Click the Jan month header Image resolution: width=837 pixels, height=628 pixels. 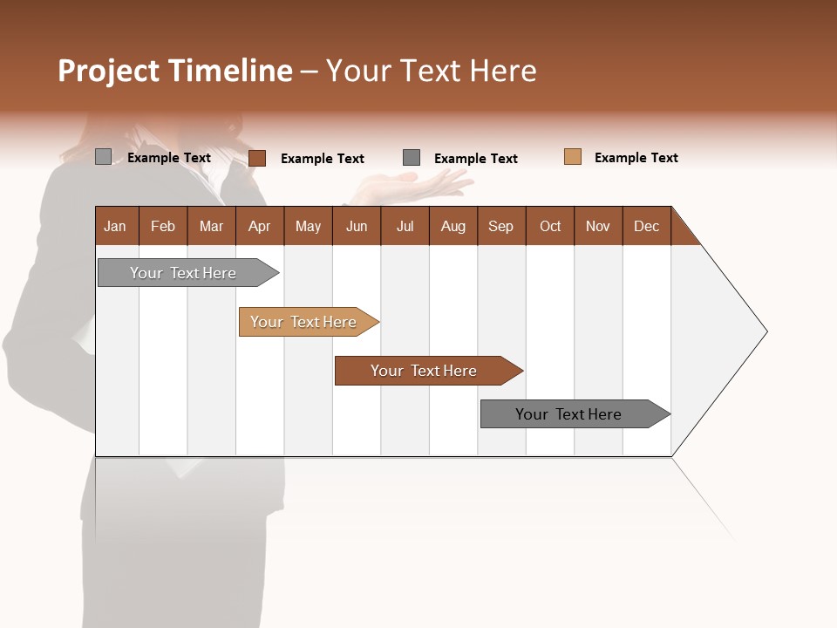tap(116, 226)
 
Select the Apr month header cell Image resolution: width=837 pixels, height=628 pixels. tap(259, 226)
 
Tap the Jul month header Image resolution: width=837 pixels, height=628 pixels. tap(405, 226)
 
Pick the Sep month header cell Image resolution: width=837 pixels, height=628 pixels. tap(500, 226)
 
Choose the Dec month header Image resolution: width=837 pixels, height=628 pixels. tap(646, 226)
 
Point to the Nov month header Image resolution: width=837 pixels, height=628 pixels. tap(597, 226)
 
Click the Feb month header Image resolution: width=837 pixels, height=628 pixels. tap(163, 226)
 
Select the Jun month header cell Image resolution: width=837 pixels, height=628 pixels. tap(356, 226)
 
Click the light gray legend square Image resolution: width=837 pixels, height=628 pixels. tap(103, 157)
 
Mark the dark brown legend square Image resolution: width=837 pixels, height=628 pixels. tap(256, 158)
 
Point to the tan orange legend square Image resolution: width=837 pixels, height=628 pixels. tap(572, 157)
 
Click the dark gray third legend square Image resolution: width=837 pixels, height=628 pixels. tap(412, 157)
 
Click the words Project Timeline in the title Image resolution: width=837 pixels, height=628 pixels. tap(174, 71)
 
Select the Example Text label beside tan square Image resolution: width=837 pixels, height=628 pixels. tap(636, 158)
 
